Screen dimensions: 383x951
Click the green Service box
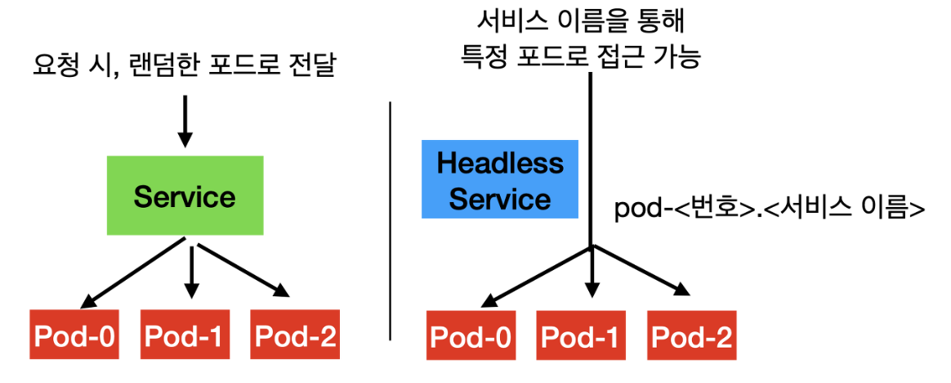(x=185, y=196)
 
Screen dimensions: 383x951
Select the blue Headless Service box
(x=499, y=179)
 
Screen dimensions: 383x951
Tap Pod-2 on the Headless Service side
(x=691, y=336)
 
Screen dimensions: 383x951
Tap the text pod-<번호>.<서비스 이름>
(x=769, y=209)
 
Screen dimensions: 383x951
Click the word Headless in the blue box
(x=500, y=163)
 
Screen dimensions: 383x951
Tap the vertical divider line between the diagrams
(x=391, y=221)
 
